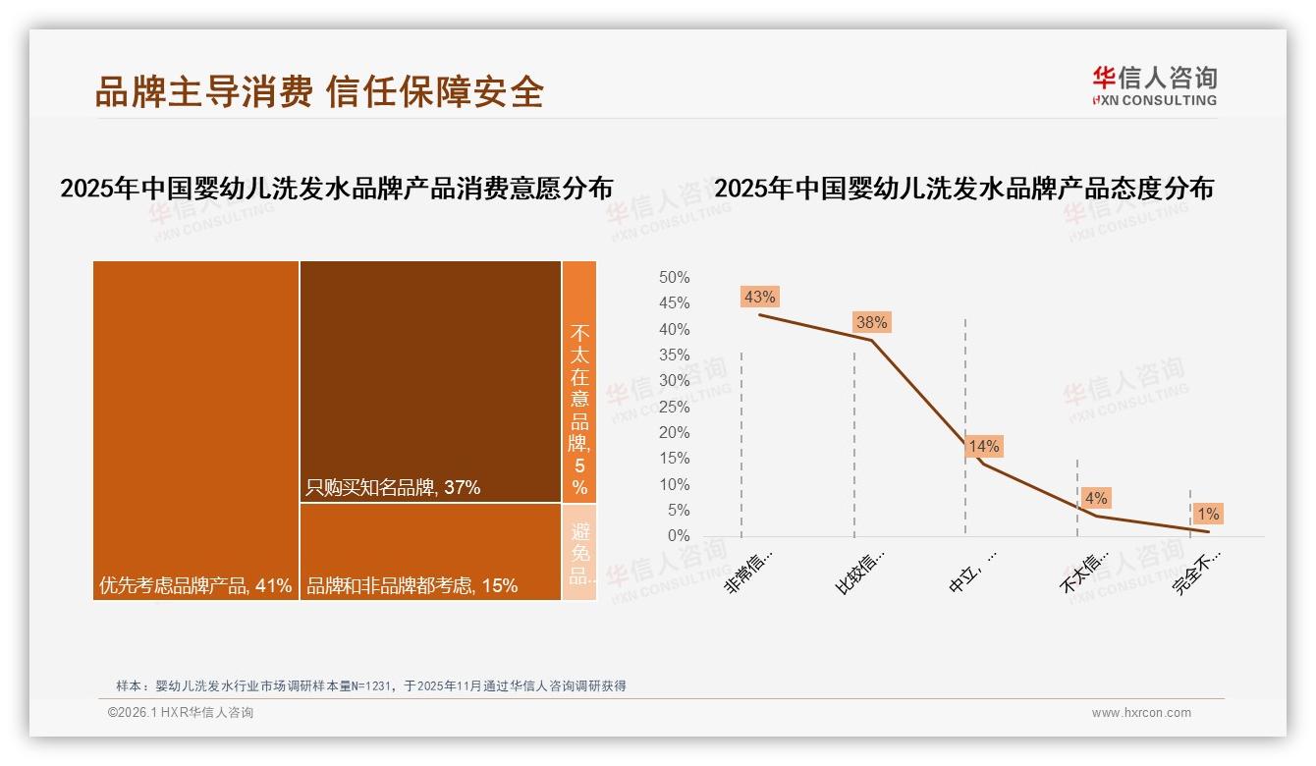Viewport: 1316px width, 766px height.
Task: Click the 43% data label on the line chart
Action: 760,297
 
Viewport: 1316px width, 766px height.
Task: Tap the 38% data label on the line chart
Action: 871,322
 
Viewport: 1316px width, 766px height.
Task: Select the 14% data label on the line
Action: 984,447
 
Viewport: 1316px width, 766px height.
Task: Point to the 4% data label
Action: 1095,498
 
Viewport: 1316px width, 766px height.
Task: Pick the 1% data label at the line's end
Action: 1207,514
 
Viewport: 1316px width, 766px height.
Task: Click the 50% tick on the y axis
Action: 674,278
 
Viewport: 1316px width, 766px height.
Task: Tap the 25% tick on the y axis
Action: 674,407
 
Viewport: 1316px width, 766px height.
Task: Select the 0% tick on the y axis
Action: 678,536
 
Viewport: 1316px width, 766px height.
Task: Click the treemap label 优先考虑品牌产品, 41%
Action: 195,586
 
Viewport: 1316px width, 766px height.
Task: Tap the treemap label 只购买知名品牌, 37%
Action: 393,487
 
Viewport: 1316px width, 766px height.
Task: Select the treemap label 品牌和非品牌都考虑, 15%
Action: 411,586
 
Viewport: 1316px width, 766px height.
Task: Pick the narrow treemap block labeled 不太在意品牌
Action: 579,383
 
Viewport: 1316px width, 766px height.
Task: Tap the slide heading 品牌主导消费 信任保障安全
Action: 319,91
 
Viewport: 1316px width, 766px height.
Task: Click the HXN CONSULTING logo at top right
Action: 1154,86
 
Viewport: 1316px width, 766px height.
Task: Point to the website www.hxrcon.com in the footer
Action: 1141,713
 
